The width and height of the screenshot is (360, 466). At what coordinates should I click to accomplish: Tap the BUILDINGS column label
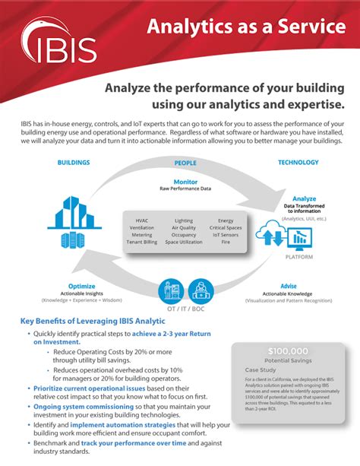(x=74, y=163)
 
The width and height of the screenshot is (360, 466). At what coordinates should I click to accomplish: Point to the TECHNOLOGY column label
(x=298, y=163)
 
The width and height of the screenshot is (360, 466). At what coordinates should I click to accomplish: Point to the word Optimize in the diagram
(x=81, y=287)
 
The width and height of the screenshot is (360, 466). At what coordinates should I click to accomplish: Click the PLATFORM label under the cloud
(x=298, y=257)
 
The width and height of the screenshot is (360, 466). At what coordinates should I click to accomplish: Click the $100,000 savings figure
(x=288, y=351)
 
